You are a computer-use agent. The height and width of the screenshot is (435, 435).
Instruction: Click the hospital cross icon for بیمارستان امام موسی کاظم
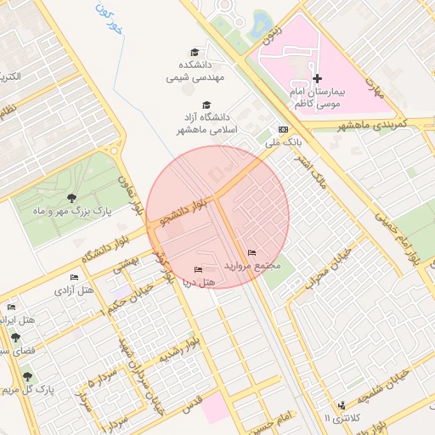318,78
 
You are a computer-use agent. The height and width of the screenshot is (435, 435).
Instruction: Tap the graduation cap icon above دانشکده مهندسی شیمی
197,53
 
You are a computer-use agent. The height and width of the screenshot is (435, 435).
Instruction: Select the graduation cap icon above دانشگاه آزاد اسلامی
206,104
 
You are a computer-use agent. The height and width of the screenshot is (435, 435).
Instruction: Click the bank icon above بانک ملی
283,129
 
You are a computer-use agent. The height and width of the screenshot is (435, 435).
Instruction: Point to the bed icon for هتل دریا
198,269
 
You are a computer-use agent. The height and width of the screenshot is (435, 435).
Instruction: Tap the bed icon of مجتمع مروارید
251,253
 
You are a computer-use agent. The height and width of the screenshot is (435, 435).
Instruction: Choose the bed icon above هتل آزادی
74,278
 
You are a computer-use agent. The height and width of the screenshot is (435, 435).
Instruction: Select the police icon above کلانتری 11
342,405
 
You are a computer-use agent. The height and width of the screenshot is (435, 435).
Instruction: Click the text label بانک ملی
283,143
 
